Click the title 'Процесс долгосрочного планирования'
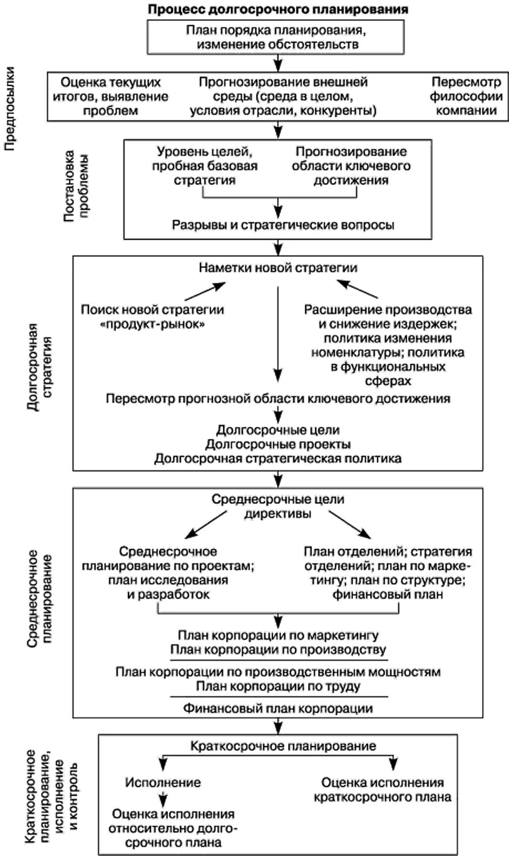[278, 10]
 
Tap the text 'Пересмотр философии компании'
[466, 96]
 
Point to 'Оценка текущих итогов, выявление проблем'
[114, 96]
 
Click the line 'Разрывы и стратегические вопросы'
[282, 225]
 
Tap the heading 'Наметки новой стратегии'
[278, 267]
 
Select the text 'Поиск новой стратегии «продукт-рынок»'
[152, 316]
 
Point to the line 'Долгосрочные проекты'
[278, 444]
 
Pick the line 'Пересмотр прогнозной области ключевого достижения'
[278, 398]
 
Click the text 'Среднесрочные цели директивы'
[278, 507]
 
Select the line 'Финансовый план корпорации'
[278, 708]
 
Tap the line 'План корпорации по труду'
[278, 686]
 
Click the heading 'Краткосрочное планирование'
[283, 746]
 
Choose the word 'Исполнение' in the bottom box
[163, 782]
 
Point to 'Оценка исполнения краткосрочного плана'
[382, 789]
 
